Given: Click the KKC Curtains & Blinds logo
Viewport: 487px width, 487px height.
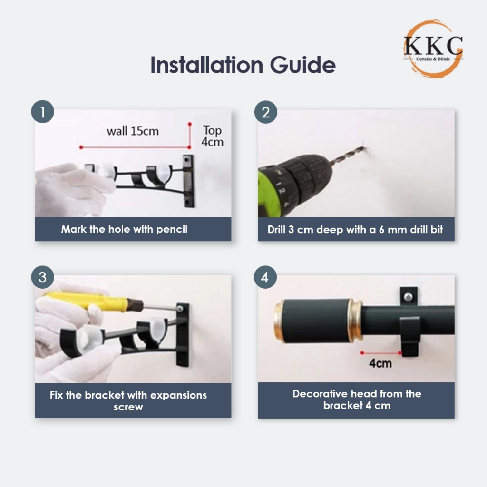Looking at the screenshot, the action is (x=433, y=49).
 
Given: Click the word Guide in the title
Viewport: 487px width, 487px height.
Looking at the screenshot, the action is (x=303, y=65).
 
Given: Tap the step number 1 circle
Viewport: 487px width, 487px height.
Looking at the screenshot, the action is (x=42, y=111).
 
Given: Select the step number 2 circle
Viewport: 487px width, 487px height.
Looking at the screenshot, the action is (x=265, y=112).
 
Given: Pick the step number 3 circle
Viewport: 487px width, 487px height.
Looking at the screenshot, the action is (x=42, y=277).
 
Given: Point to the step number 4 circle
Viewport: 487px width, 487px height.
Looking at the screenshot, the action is (x=265, y=277).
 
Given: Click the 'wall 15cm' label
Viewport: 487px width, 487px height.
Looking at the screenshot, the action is (x=133, y=131).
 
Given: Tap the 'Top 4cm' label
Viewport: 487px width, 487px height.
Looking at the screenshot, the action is (x=213, y=136).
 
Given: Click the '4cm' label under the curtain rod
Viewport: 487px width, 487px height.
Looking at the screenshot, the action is (x=380, y=363).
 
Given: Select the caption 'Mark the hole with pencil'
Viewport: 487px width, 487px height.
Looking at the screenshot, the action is (x=124, y=229).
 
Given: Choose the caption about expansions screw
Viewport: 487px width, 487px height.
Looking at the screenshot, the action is (x=128, y=400).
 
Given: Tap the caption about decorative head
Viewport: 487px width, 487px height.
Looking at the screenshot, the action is (x=357, y=399).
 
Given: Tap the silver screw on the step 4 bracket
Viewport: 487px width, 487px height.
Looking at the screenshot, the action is (x=408, y=297).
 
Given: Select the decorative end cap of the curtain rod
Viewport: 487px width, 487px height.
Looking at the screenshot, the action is (x=318, y=321).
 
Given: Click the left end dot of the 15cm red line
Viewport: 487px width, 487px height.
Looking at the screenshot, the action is (x=81, y=147).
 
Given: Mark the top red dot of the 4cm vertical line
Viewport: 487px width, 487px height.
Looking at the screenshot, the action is (x=189, y=124).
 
